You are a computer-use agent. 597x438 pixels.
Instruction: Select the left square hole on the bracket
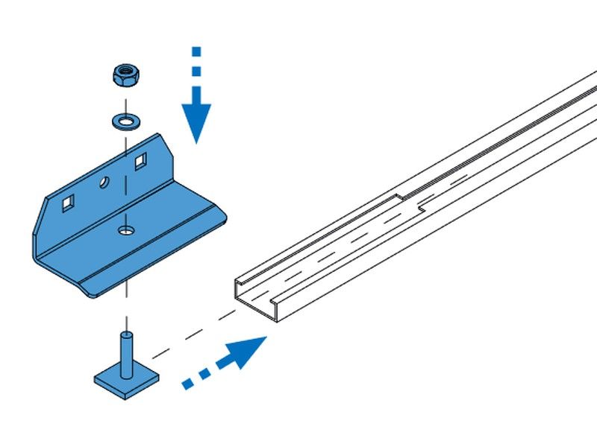pos(68,201)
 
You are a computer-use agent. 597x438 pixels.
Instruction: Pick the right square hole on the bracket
pos(140,159)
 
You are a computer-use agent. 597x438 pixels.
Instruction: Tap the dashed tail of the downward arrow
pos(196,63)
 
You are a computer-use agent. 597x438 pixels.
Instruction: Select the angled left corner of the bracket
pos(42,216)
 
